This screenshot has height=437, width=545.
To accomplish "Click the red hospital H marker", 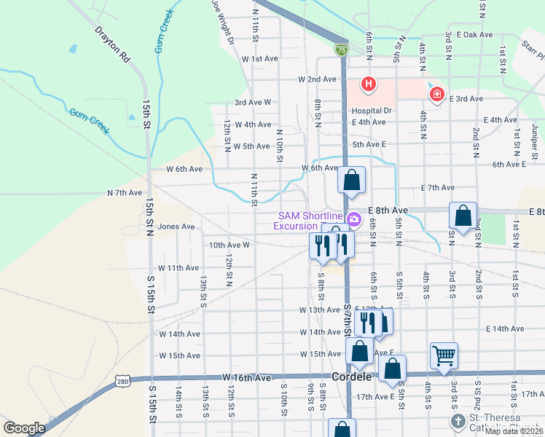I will click(x=369, y=84).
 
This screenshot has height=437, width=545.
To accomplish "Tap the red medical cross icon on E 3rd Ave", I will click(x=436, y=94).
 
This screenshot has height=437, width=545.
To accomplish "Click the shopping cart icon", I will click(x=444, y=355).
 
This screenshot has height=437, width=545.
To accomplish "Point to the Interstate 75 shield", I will click(x=342, y=50).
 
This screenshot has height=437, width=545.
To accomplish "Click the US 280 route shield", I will click(x=122, y=381).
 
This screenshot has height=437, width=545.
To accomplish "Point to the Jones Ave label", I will click(x=176, y=227).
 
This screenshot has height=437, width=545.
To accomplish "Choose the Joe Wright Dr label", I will click(x=222, y=20).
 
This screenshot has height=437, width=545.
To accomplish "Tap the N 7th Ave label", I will click(x=125, y=193).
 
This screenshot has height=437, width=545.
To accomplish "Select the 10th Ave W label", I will click(x=230, y=245).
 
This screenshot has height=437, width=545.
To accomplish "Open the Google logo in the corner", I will click(x=24, y=428).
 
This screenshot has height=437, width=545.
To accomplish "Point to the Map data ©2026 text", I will click(x=514, y=431).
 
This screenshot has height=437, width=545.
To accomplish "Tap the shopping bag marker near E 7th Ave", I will click(x=352, y=179).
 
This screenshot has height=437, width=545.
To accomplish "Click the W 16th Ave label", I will click(x=246, y=377).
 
